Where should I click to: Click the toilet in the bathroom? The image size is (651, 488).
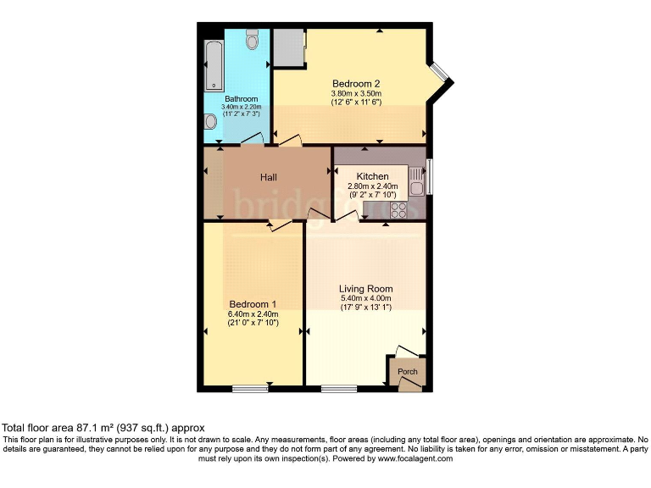point(251,41)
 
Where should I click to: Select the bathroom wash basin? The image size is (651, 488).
point(210,122)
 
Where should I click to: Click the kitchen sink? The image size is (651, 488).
point(416,180)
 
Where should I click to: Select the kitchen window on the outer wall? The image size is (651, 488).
point(429,176)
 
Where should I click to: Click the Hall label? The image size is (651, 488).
point(269,177)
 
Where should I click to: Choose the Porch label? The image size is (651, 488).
point(408,371)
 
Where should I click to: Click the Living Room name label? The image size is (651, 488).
point(365,289)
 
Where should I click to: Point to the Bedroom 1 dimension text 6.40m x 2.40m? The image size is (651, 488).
point(253,314)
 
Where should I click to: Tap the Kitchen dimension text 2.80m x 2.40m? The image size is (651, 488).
point(372,186)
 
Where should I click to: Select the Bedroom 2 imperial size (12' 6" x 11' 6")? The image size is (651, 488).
point(356,103)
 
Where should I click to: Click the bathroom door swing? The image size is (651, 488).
point(251,138)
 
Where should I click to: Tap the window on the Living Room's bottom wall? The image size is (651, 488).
point(339,389)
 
